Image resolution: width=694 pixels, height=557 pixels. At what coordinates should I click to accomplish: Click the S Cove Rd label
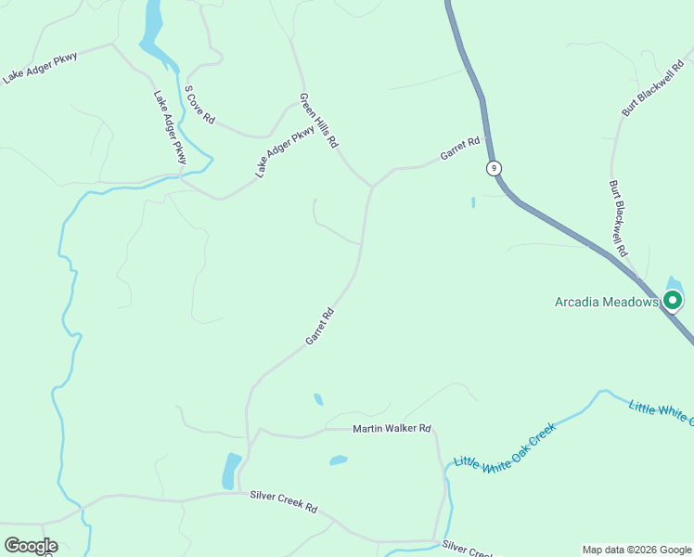pos(200,106)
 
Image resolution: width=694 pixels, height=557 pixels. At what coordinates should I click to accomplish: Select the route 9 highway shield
pos(495,168)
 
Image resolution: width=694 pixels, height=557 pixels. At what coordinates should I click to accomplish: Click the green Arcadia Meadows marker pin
pos(673,300)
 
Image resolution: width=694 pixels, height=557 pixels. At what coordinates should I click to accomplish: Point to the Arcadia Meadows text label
pos(606,302)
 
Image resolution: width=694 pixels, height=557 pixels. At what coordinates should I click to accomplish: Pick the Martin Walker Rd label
pos(392,428)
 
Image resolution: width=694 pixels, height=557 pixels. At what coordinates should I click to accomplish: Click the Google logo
pos(31,546)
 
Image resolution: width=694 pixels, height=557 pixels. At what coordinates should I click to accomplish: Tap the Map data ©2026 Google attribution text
pos(637,550)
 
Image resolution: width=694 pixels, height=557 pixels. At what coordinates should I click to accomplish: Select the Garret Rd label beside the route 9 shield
pos(460,149)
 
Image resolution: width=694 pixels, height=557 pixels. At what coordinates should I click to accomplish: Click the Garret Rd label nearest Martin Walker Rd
pos(320,328)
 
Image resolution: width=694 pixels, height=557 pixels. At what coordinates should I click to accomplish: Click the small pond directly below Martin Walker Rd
pos(338,460)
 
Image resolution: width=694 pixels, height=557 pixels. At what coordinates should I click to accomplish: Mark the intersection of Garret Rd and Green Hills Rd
pos(372,186)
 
